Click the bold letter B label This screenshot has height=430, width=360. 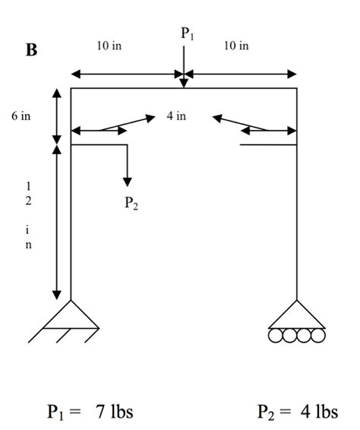coord(31,52)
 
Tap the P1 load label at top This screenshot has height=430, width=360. coord(187,33)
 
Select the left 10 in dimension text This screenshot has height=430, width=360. coord(108,46)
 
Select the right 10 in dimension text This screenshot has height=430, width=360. coord(235,46)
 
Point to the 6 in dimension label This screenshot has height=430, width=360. coord(21,117)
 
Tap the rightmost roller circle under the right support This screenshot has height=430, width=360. coord(317,335)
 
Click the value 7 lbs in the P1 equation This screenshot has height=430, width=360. coord(114,412)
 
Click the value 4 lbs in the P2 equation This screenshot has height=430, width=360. coord(320,412)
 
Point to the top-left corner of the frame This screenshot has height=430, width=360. coord(71,89)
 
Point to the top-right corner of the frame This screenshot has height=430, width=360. coord(296,89)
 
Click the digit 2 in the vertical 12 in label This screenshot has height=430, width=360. coord(29,201)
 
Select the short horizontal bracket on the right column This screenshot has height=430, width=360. coord(268,143)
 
